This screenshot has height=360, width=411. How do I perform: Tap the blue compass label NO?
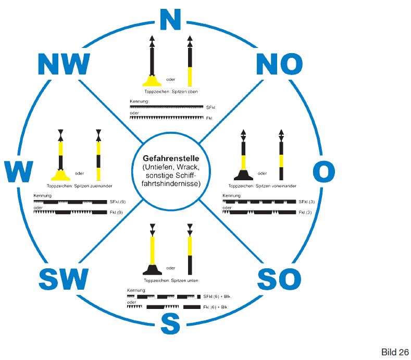pyautogui.click(x=280, y=65)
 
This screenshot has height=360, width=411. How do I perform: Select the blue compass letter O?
pyautogui.click(x=324, y=171)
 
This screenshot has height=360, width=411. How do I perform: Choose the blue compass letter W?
pyautogui.click(x=19, y=171)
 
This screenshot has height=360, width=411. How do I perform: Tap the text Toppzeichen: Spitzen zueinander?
pyautogui.click(x=80, y=185)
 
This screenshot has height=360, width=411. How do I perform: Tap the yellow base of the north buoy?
pyautogui.click(x=152, y=81)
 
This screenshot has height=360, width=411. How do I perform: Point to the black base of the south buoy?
pyautogui.click(x=152, y=269)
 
